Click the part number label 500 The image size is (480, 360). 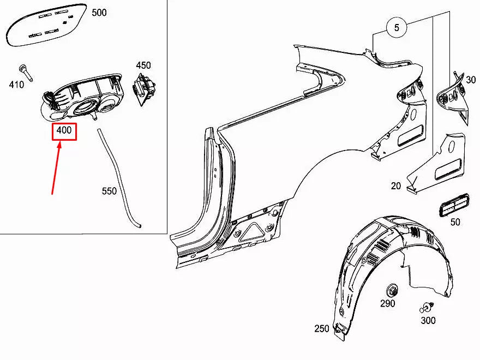[99, 13]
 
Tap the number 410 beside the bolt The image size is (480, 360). [16, 85]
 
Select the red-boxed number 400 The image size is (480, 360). [64, 131]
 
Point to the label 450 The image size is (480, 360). [143, 65]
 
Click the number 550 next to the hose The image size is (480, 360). [110, 191]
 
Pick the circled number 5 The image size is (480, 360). [397, 27]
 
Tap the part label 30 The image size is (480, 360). [470, 80]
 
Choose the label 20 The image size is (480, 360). [395, 186]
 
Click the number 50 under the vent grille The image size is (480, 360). [455, 221]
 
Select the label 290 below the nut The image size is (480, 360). [387, 303]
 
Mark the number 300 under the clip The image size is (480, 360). [428, 320]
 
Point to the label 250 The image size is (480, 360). [322, 328]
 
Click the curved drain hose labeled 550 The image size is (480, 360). [117, 175]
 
